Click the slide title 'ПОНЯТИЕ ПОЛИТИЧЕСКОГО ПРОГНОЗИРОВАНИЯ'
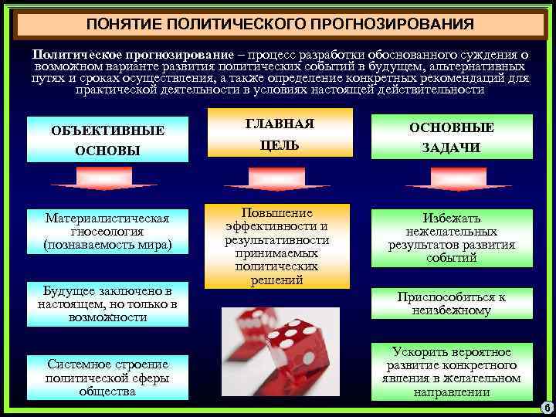click(280, 25)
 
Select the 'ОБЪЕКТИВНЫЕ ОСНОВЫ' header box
click(108, 140)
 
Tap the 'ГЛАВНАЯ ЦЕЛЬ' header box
click(280, 135)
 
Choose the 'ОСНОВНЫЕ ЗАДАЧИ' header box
click(451, 137)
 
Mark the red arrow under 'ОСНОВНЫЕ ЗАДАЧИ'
click(451, 179)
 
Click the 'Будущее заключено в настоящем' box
click(108, 302)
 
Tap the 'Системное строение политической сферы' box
click(108, 376)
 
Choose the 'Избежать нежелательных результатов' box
click(451, 238)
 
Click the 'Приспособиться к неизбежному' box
click(451, 303)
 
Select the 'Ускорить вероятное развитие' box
click(451, 371)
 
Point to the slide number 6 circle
click(545, 408)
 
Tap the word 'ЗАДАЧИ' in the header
click(451, 148)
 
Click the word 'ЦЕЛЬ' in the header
click(280, 146)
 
